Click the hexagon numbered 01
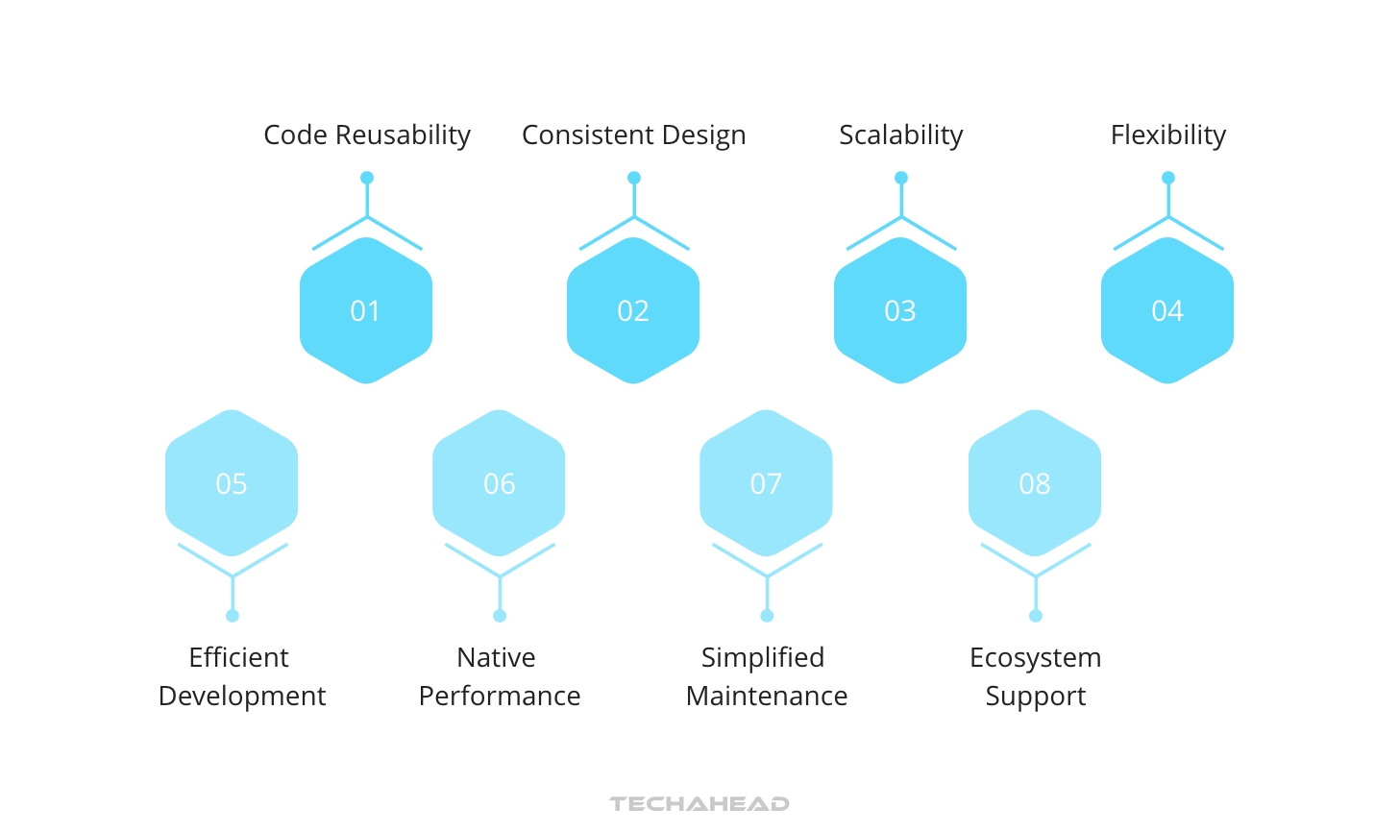point(366,310)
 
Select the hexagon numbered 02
point(633,310)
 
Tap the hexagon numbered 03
point(900,310)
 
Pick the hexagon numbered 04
point(1167,310)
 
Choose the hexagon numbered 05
point(232,483)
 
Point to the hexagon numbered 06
point(499,483)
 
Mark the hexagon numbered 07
point(767,483)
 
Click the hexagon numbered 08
point(1035,483)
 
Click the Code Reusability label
point(367,135)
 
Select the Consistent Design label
point(634,135)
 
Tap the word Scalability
point(901,135)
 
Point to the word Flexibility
point(1168,135)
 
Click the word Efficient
point(238,657)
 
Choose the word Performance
point(500,696)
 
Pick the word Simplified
point(763,658)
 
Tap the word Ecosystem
point(1036,658)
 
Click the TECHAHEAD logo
point(699,804)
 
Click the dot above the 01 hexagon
point(367,178)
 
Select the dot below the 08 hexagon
point(1036,616)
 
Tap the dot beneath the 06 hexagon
point(500,616)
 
